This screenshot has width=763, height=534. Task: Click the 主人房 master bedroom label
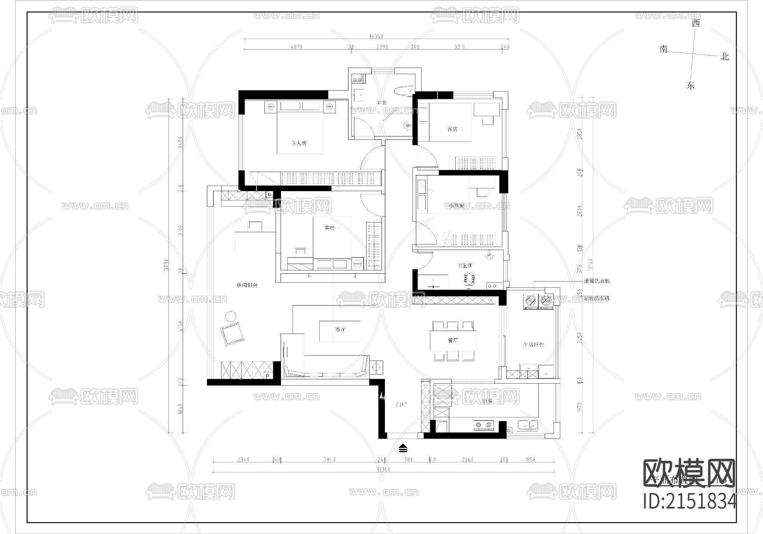(x=299, y=143)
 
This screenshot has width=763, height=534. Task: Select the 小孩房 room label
(x=456, y=206)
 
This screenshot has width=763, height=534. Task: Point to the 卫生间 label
(x=464, y=266)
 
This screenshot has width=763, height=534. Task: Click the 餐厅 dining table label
(x=453, y=340)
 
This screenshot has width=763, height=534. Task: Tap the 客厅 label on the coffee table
(x=340, y=329)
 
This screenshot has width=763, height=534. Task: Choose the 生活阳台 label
(x=533, y=345)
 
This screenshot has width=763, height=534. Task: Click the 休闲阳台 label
(x=247, y=285)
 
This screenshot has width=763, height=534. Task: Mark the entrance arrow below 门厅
(x=403, y=448)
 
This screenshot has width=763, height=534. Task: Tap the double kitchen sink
(x=527, y=424)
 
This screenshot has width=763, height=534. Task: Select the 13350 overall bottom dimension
(x=382, y=470)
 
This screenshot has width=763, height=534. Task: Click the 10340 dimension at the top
(x=376, y=37)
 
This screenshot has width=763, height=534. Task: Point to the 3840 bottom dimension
(x=329, y=459)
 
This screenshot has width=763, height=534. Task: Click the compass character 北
(x=725, y=56)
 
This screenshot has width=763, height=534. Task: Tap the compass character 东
(x=691, y=85)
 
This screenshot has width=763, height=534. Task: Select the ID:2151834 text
(x=690, y=501)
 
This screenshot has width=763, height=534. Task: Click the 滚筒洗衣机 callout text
(x=597, y=281)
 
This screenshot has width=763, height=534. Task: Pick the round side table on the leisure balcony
(x=231, y=316)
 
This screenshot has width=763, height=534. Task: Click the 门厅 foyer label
(x=401, y=405)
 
